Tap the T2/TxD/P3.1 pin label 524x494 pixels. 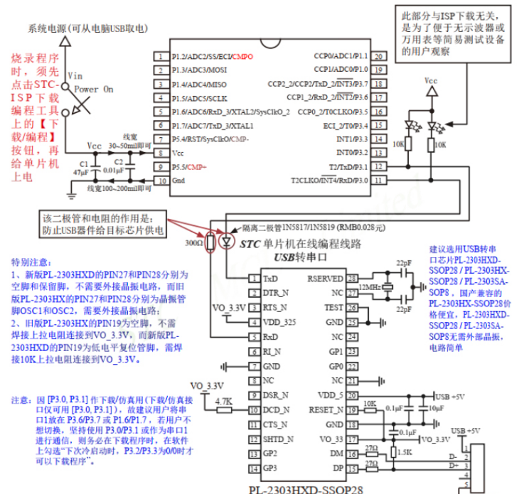click(348, 166)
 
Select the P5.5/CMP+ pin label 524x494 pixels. click(189, 166)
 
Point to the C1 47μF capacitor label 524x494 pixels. click(80, 168)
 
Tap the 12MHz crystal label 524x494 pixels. click(370, 286)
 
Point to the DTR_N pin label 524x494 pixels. click(276, 292)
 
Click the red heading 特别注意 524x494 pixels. click(32, 262)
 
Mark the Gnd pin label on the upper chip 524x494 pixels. click(179, 181)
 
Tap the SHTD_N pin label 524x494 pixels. click(277, 439)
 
